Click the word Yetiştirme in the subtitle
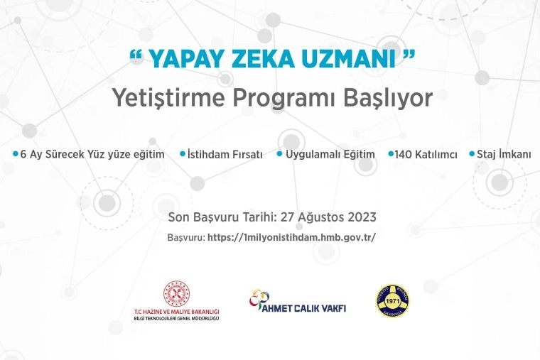168,99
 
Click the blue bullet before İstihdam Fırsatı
183,153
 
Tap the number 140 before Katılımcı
403,155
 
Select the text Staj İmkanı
504,154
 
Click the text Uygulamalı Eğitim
330,154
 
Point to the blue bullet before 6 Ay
15,153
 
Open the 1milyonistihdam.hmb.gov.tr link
291,237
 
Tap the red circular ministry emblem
176,293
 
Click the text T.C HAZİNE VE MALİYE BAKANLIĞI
177,312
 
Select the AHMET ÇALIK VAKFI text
304,308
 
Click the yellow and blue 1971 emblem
393,301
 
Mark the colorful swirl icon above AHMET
259,299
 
